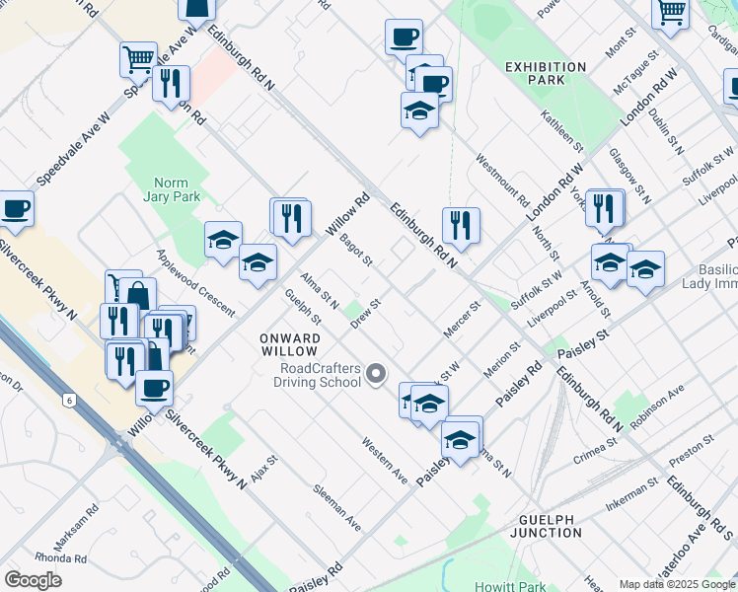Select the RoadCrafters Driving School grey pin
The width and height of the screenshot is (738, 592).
(x=376, y=374)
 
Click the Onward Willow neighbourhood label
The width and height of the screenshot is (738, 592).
(x=288, y=344)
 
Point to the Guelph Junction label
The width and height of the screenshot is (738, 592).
(x=553, y=525)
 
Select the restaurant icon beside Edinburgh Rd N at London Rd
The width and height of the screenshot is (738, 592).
(x=461, y=226)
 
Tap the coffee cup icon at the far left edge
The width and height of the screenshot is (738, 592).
(x=16, y=209)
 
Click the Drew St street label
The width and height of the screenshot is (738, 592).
(x=366, y=310)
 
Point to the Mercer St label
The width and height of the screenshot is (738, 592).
(x=461, y=318)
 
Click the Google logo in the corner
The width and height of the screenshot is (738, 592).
(x=34, y=580)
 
